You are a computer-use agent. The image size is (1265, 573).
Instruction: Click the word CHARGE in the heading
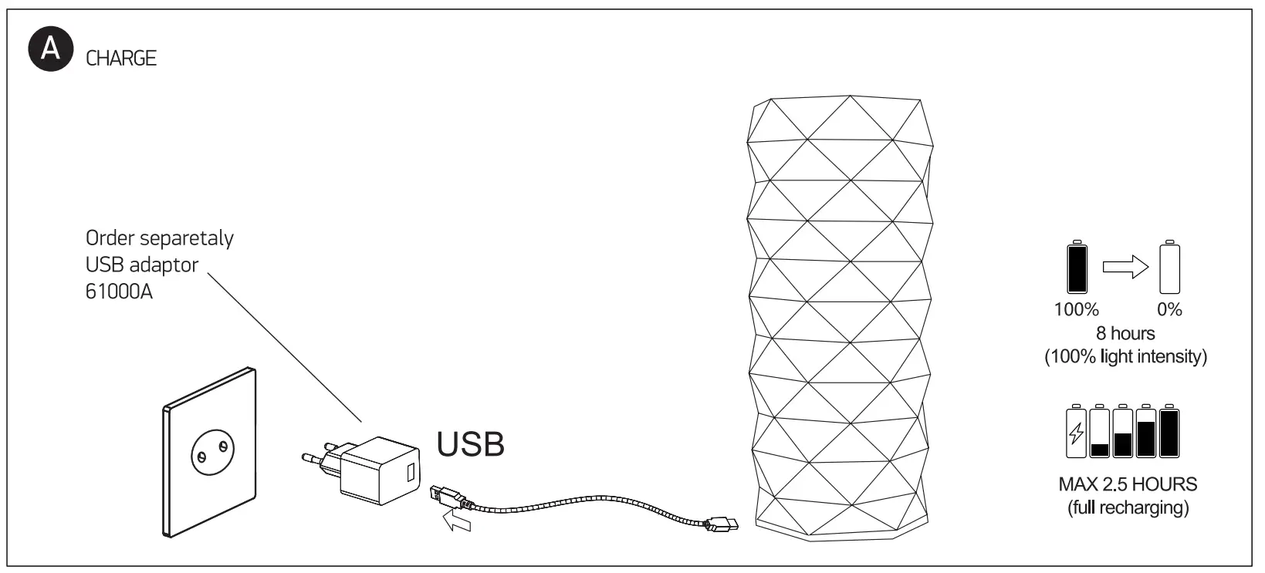(121, 59)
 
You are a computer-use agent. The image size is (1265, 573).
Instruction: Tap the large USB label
(471, 444)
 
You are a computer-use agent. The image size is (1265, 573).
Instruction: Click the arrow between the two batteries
(1125, 268)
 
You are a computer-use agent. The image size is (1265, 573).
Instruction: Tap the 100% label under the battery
(1076, 310)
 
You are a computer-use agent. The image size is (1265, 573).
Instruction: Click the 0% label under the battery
(1170, 310)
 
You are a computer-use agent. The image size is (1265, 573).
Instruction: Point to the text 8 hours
(1125, 333)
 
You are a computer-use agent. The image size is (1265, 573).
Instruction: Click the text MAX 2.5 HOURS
(1128, 485)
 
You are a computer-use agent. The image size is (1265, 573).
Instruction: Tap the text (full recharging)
(1128, 508)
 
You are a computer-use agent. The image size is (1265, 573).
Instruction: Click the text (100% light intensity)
(1125, 357)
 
